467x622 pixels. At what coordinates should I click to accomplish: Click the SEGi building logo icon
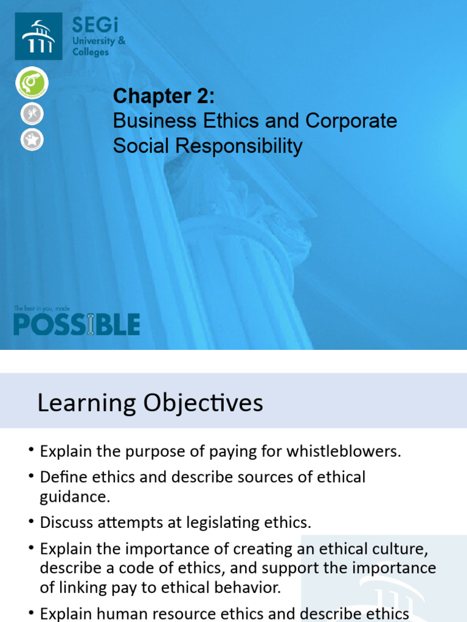pos(38,37)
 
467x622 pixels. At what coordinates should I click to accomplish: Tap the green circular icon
pos(32,83)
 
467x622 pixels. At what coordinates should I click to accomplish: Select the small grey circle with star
pos(31,140)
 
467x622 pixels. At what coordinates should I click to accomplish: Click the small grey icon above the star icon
pos(31,114)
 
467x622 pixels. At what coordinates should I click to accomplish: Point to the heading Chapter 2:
pos(164,96)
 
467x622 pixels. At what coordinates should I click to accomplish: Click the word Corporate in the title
pos(351,121)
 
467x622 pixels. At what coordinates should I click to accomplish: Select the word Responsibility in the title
pos(241,146)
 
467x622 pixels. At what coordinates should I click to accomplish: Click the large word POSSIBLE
pos(77,324)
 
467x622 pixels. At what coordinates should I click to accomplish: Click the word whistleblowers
pos(343,451)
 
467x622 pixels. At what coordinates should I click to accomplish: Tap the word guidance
pos(75,496)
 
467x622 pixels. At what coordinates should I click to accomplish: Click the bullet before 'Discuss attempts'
pos(31,522)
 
